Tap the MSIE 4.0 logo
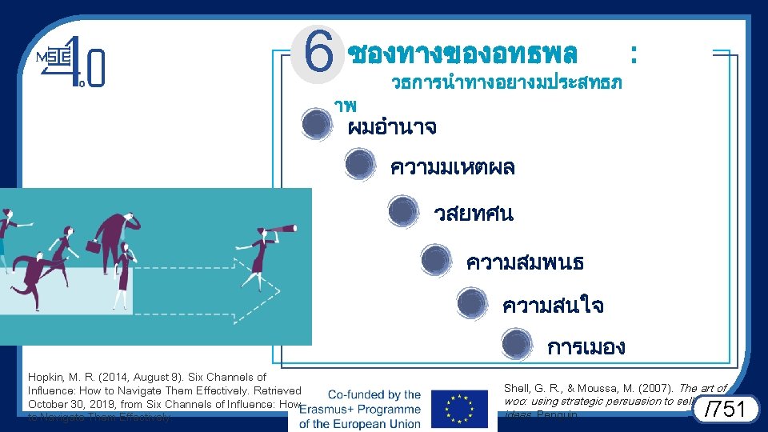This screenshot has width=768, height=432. (71, 60)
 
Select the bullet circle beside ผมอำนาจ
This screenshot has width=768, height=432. (317, 124)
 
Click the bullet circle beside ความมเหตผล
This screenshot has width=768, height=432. (359, 165)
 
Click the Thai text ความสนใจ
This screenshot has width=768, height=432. (553, 306)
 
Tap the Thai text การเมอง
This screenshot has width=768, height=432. (586, 347)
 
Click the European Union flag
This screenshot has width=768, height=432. (458, 409)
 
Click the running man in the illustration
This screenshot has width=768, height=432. (32, 276)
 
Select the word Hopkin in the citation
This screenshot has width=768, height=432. (45, 377)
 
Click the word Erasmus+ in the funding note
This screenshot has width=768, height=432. (330, 409)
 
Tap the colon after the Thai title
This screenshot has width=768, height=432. (634, 54)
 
